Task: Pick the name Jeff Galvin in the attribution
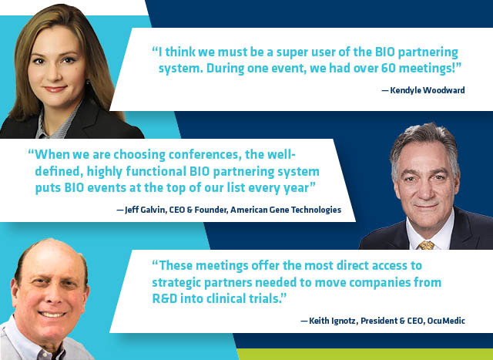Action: click(x=146, y=210)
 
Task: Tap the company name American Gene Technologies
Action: click(x=286, y=210)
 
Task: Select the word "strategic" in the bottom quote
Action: click(x=176, y=283)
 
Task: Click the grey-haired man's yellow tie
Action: click(x=427, y=245)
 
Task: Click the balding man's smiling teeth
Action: click(x=52, y=315)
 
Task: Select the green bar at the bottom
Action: click(x=364, y=355)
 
